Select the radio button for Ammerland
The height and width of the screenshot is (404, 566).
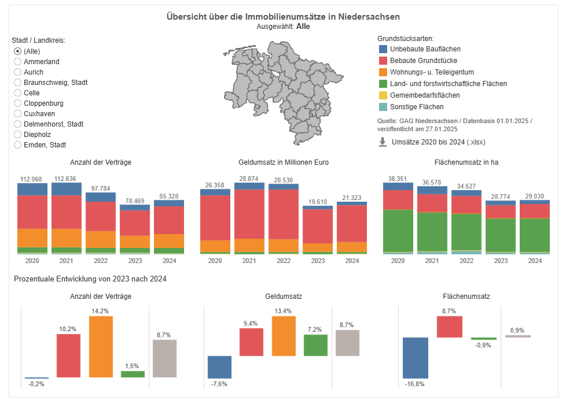coord(18,62)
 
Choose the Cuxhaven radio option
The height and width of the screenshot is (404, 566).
coord(18,114)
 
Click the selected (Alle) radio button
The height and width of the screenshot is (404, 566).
coord(18,51)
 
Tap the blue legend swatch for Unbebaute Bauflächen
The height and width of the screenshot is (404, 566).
coord(383,49)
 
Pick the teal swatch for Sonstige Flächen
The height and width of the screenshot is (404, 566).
coord(383,107)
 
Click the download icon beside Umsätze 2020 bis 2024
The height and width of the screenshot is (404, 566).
coord(383,142)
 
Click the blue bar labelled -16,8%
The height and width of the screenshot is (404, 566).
coord(415,357)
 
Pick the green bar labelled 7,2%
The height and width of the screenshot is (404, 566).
coord(315,345)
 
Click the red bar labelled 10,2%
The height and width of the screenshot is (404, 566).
coord(68,355)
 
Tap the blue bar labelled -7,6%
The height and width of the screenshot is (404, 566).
coord(219,366)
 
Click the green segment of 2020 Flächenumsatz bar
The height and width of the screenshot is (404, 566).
coord(398,230)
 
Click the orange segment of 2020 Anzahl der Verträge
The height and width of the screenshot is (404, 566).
coord(32,238)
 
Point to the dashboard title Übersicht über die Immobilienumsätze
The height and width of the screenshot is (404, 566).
coord(282,17)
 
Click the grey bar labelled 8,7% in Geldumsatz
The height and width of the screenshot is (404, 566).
coord(347,343)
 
